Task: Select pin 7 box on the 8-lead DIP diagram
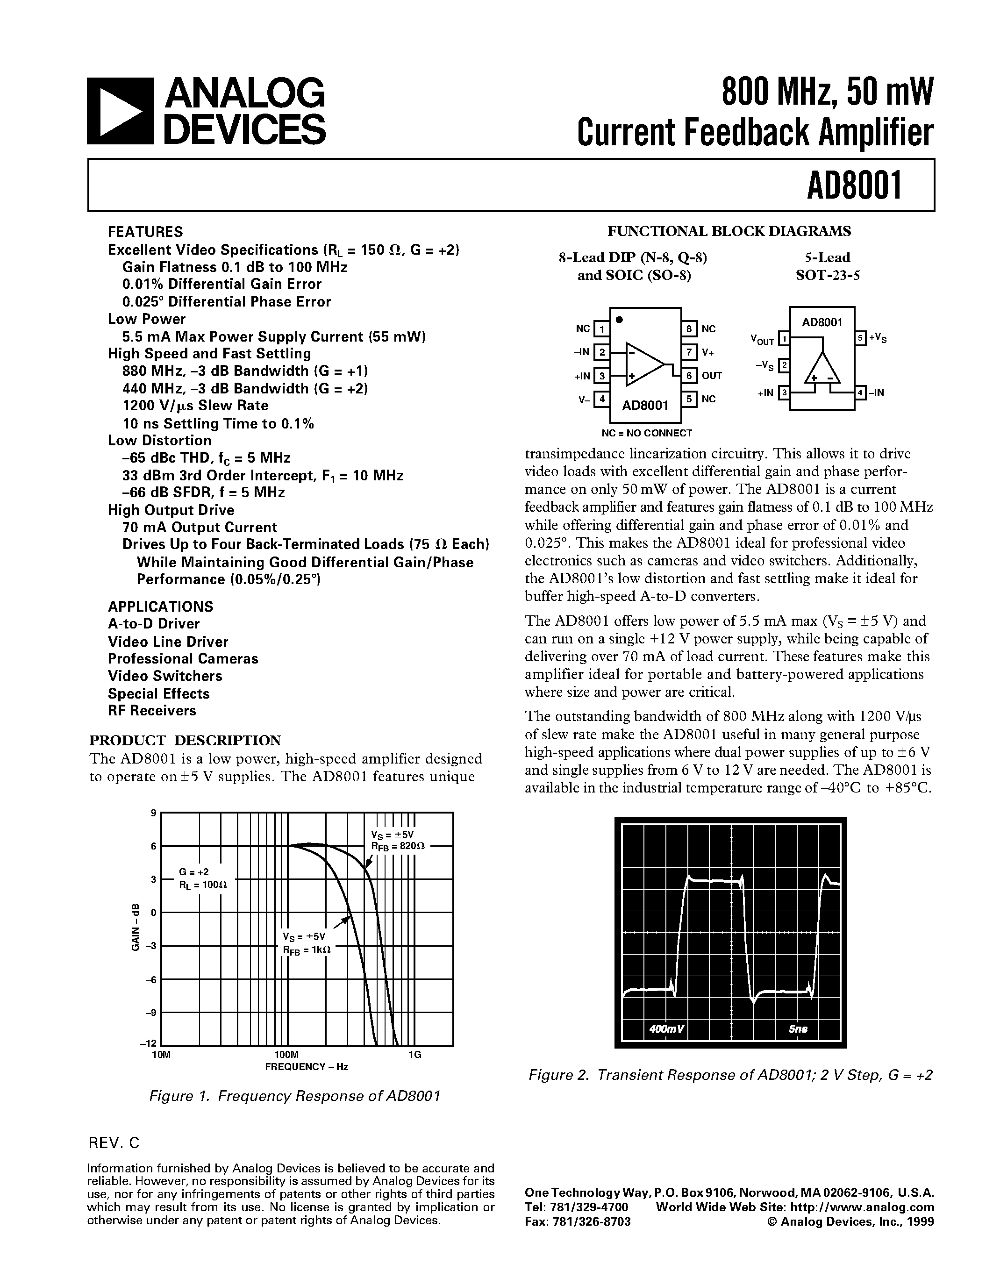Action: (x=689, y=352)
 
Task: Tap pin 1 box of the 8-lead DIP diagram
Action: (x=601, y=328)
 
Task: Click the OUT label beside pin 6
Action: (x=711, y=375)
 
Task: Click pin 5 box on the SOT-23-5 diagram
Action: (x=861, y=338)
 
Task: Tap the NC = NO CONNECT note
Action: (x=647, y=433)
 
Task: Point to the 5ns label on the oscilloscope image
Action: (x=798, y=1029)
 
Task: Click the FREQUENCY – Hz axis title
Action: (x=307, y=1067)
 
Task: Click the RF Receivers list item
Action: (x=152, y=711)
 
